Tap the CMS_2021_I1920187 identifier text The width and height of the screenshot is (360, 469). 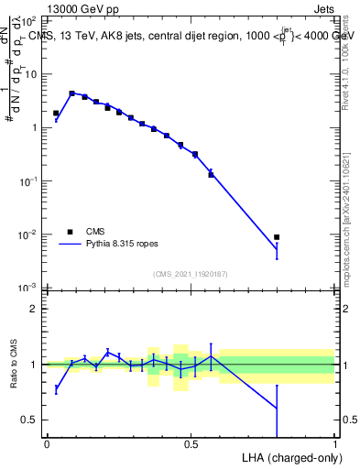point(190,274)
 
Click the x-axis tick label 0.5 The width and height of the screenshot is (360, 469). point(191,443)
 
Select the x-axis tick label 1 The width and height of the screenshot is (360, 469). point(335,443)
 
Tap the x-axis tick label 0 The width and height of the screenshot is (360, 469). point(47,443)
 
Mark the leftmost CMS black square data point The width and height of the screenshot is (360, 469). point(56,113)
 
